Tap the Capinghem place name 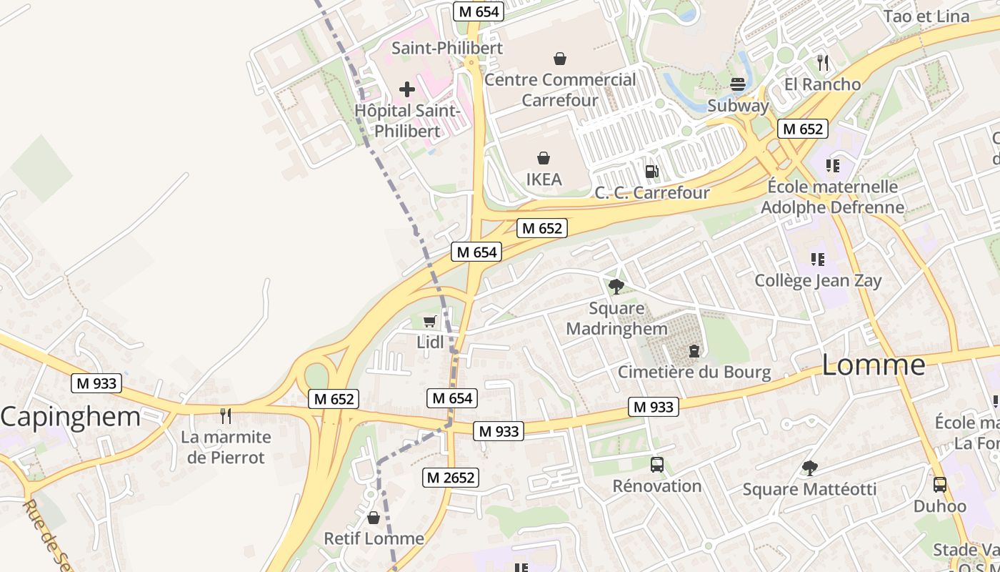click(70, 417)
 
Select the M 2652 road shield click(450, 477)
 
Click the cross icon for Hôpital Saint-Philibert click(407, 89)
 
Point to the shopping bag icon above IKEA click(544, 157)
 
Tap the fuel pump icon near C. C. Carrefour click(651, 171)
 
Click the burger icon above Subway click(738, 84)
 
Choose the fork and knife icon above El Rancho click(822, 63)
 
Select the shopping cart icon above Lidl click(429, 321)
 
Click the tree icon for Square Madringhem click(616, 287)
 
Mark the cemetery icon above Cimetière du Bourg click(694, 350)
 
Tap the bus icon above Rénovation click(657, 465)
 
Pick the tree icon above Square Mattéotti click(809, 468)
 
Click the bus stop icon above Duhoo click(940, 485)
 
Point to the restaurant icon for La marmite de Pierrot click(226, 415)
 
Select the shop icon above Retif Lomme click(374, 517)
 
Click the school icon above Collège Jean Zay click(818, 259)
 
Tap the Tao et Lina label click(926, 16)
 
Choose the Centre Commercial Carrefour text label click(560, 89)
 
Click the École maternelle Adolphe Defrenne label click(832, 197)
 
